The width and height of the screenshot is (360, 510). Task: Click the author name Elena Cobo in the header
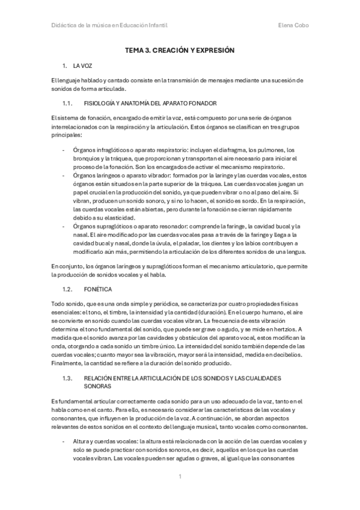[294, 26]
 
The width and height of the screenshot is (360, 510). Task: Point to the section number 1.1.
[67, 103]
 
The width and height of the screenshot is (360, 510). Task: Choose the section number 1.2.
[67, 289]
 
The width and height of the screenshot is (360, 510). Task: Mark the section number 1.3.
[67, 378]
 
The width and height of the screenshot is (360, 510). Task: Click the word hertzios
[284, 330]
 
